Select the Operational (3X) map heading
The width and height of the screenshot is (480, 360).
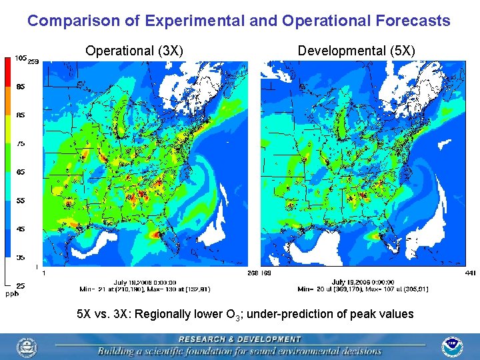coord(135,51)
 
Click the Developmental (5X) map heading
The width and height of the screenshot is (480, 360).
coord(356,51)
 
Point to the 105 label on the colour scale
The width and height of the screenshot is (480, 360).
coord(20,58)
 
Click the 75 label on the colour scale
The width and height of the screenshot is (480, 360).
coord(21,143)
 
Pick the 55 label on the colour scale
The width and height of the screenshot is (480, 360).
coord(21,200)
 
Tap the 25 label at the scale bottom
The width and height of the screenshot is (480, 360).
coord(21,285)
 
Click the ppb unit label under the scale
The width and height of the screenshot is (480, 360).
coord(12,293)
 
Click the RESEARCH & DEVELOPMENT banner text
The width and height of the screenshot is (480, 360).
coord(239,339)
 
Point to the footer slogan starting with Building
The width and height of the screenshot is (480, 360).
coord(239,351)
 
